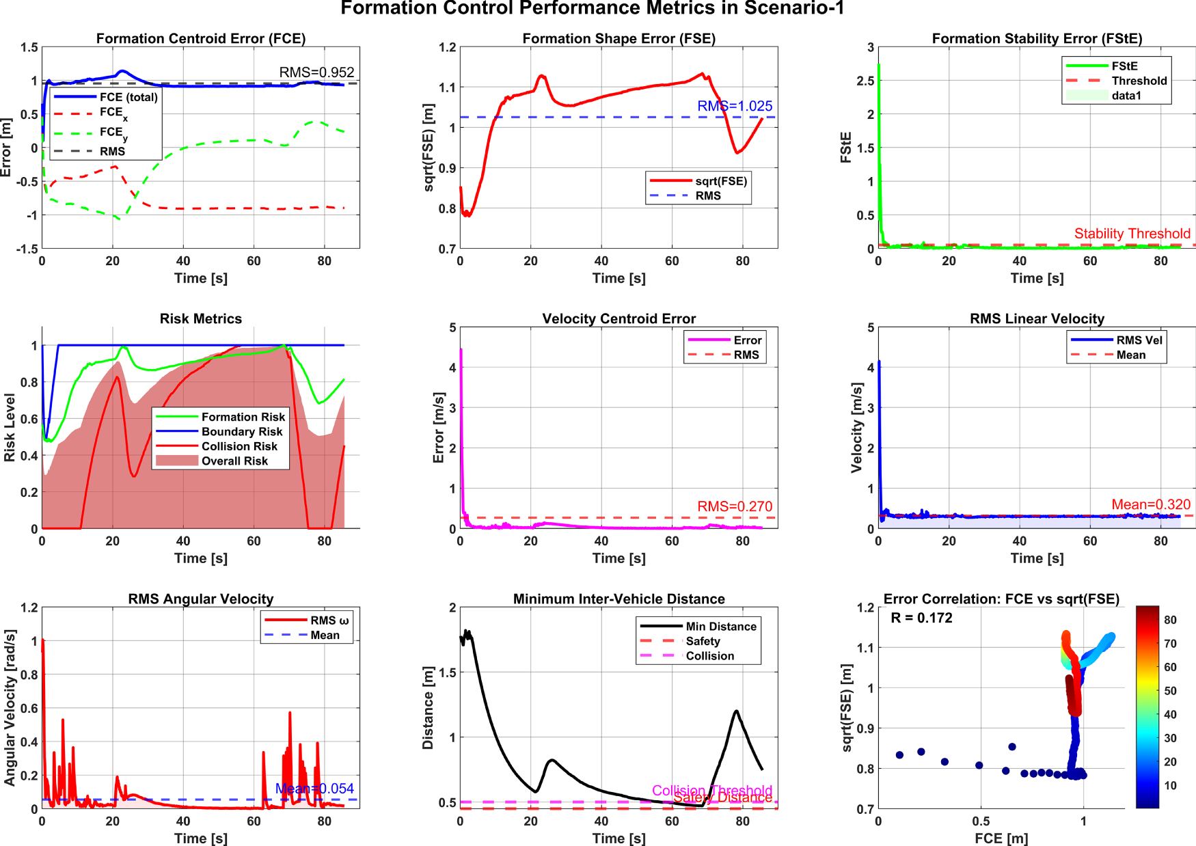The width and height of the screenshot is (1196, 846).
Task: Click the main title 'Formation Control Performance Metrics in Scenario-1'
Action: pos(592,9)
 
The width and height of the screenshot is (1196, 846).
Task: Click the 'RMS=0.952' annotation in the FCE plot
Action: pos(316,72)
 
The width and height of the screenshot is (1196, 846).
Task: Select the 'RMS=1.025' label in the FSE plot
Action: pos(735,106)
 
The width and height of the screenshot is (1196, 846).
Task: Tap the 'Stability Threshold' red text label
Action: pos(1132,234)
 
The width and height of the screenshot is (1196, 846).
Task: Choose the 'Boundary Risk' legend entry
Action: pos(241,432)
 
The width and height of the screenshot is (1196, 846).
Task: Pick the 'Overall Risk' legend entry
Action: pos(234,461)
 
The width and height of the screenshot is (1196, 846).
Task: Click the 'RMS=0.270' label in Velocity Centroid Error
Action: pos(735,506)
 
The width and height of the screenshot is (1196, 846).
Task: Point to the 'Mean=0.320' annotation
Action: pos(1151,504)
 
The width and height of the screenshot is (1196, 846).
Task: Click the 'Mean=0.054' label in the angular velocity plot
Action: pos(314,789)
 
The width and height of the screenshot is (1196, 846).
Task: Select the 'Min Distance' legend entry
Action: pos(721,627)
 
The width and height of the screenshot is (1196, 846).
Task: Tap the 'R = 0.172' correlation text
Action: pos(921,618)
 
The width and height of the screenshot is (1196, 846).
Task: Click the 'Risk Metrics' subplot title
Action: pos(201,318)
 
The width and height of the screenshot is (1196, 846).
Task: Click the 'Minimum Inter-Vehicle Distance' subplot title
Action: pos(619,599)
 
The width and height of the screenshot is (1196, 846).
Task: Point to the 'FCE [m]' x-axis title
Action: pos(1001,838)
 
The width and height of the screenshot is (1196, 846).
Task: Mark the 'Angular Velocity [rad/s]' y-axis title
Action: pos(10,707)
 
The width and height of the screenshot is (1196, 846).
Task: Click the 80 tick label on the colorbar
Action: pos(1170,620)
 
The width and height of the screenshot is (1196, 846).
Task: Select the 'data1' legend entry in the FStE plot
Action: pos(1126,96)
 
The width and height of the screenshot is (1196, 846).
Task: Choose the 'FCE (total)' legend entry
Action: pos(128,97)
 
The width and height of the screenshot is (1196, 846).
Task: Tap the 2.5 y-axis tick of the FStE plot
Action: pos(866,81)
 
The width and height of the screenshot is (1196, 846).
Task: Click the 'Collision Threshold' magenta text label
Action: pos(711,791)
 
